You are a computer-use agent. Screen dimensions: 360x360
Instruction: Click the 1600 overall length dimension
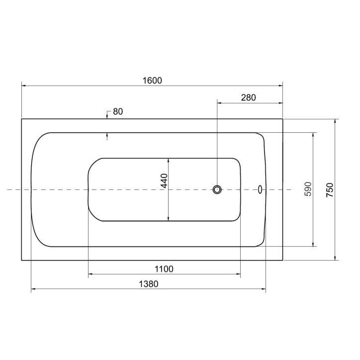click(152, 81)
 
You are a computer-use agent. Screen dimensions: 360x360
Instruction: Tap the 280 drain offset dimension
click(249, 98)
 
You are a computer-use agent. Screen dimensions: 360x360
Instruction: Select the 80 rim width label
click(118, 111)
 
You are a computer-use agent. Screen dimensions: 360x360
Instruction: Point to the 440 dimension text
click(165, 180)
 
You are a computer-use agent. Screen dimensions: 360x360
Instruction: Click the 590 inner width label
click(308, 189)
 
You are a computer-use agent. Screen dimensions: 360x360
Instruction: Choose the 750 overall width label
click(330, 189)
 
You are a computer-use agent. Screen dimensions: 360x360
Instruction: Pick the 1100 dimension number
click(164, 269)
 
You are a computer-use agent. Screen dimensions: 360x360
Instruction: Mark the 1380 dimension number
click(149, 284)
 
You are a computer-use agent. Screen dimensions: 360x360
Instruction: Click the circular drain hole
click(217, 189)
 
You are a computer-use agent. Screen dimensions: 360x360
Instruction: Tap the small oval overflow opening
click(260, 189)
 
